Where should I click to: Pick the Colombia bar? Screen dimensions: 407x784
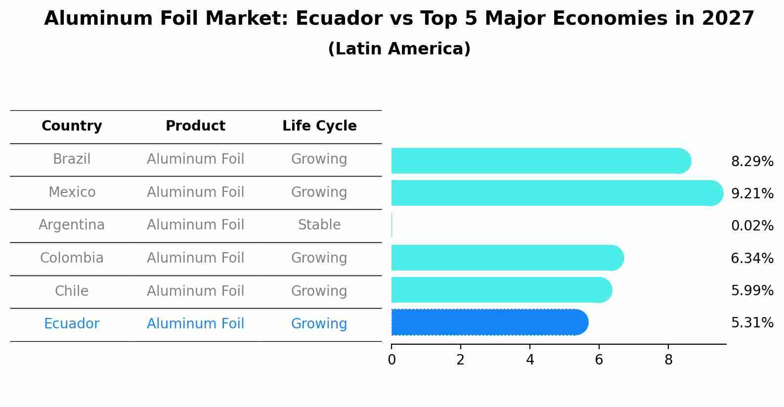pyautogui.click(x=507, y=258)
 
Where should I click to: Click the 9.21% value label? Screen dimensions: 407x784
pyautogui.click(x=752, y=194)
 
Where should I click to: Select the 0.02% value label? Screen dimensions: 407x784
pyautogui.click(x=752, y=226)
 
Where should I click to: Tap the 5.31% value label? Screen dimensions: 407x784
pyautogui.click(x=752, y=323)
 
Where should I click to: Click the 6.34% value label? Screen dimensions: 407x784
pyautogui.click(x=752, y=258)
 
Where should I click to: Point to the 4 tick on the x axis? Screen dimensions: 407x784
pyautogui.click(x=530, y=360)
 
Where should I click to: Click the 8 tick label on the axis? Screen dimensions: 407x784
pyautogui.click(x=668, y=360)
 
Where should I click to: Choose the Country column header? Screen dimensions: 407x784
pyautogui.click(x=72, y=126)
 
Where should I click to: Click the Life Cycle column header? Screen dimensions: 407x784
pyautogui.click(x=319, y=126)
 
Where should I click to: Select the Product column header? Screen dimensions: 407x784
pyautogui.click(x=195, y=126)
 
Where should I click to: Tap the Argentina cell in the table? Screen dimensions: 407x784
pyautogui.click(x=72, y=225)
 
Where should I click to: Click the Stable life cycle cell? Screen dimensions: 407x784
pyautogui.click(x=319, y=225)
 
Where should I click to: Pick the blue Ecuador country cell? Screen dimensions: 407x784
pyautogui.click(x=72, y=324)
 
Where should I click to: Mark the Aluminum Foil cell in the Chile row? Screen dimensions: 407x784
pyautogui.click(x=195, y=291)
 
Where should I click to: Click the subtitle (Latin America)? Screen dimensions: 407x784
pyautogui.click(x=399, y=49)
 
